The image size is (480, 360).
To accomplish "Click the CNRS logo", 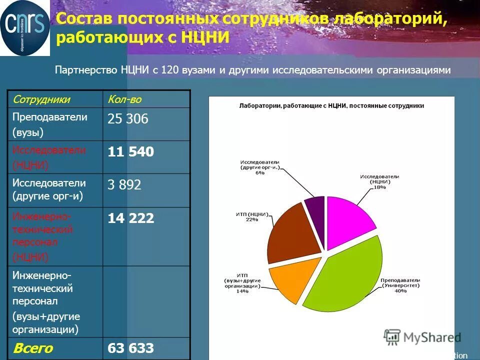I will click(25, 28).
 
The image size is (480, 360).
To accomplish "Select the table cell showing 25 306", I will click(127, 119).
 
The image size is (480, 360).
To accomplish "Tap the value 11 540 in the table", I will click(130, 152).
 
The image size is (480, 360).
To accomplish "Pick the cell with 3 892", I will click(124, 185).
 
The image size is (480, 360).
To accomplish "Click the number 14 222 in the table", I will click(130, 218).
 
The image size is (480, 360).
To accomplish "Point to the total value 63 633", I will click(130, 348).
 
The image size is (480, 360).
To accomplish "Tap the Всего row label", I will click(32, 348).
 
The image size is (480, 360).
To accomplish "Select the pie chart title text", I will click(331, 106).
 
